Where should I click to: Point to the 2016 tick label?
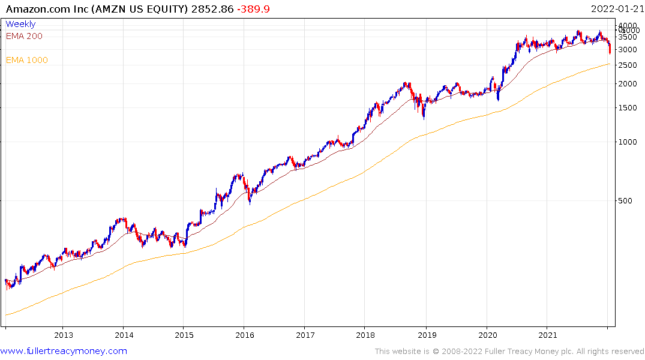[244, 335]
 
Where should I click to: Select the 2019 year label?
[425, 335]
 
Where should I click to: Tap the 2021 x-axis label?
[547, 335]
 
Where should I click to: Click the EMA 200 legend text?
[24, 36]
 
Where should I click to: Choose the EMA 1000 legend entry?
[26, 60]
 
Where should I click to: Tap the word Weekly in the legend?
[20, 24]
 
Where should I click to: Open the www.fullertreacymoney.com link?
[64, 351]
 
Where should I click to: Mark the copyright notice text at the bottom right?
[509, 352]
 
